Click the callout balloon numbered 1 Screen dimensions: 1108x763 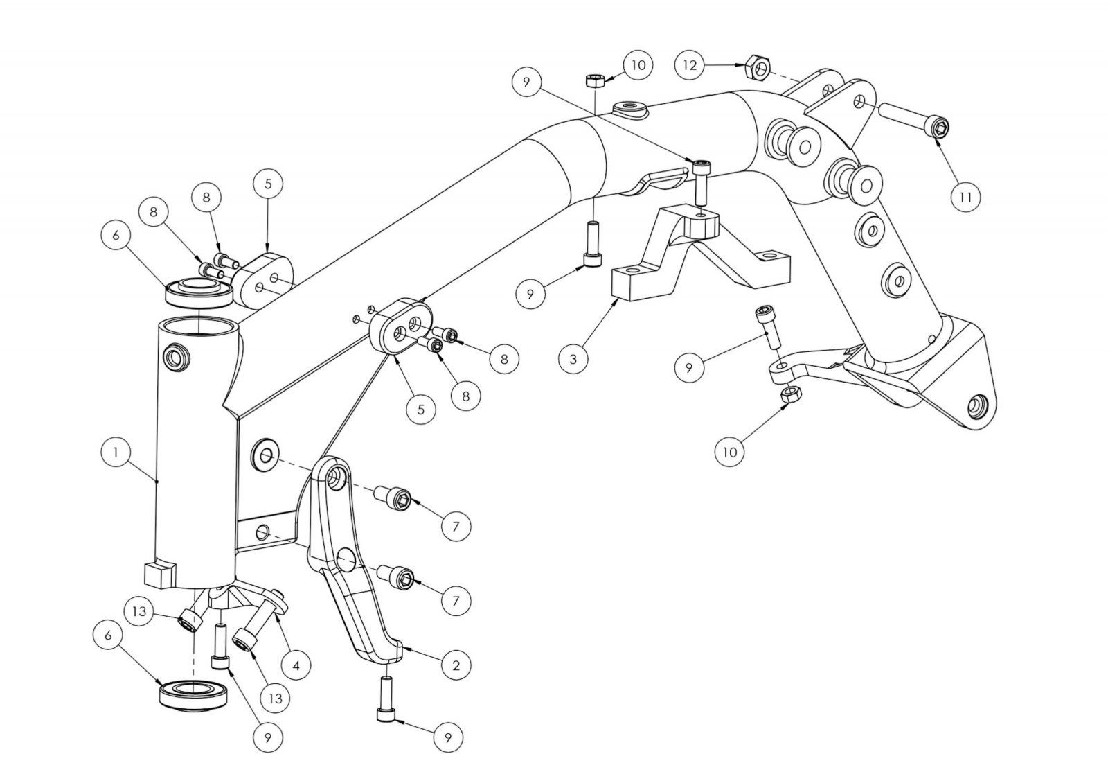[x=115, y=452]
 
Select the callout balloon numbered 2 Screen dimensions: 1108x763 [x=456, y=665]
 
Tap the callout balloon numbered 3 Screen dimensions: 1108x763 [x=573, y=358]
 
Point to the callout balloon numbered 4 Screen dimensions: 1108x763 [x=296, y=665]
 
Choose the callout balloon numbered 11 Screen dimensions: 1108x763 [x=965, y=197]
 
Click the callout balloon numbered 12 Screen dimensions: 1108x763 [x=690, y=65]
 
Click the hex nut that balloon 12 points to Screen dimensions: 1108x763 [x=758, y=68]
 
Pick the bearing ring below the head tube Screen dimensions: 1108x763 [x=193, y=696]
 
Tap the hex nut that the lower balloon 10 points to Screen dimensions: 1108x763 [x=790, y=394]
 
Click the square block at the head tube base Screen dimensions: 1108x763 [x=159, y=575]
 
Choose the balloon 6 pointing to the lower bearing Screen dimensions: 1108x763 [x=108, y=635]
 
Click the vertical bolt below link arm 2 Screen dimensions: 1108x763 [x=386, y=700]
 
